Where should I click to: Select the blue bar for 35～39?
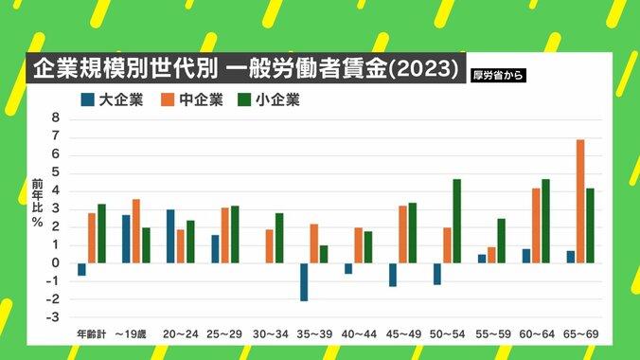305,281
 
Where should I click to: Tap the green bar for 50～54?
456,221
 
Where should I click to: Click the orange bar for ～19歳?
136,230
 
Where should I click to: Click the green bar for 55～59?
501,241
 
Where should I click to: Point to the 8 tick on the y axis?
56,118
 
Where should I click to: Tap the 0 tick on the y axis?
56,262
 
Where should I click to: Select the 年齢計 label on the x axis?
92,334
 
